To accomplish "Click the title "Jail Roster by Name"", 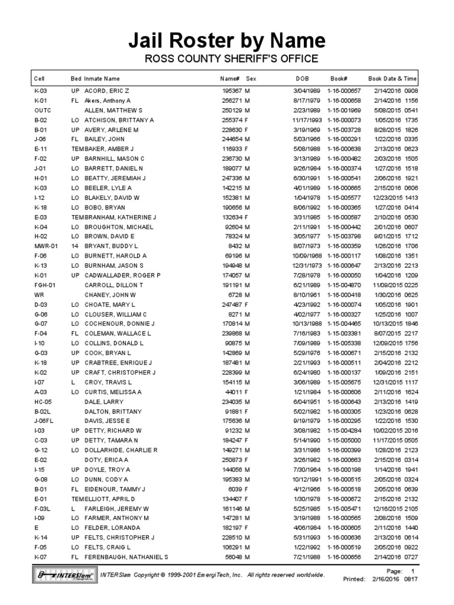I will point(227,41).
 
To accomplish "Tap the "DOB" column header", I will point(302,78).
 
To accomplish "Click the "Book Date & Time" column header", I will point(393,78).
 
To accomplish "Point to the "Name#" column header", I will point(229,78).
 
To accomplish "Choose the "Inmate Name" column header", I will point(102,78).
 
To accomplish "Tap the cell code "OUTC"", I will point(43,110).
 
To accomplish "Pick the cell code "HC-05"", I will point(43,401).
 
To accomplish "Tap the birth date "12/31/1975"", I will point(306,265).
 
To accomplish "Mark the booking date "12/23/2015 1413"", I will point(395,197).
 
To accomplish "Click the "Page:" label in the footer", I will point(394,571).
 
